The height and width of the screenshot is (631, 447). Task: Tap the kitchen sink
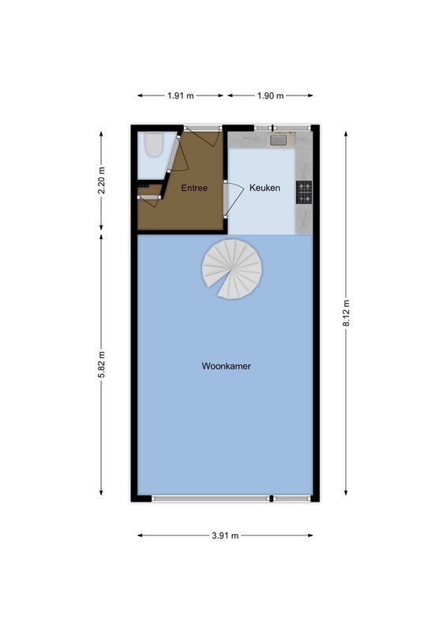pyautogui.click(x=278, y=140)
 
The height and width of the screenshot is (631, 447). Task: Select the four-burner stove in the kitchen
pyautogui.click(x=304, y=192)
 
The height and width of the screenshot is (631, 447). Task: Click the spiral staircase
pyautogui.click(x=231, y=269)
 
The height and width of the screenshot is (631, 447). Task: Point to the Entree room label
pyautogui.click(x=194, y=188)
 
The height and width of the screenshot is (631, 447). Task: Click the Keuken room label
pyautogui.click(x=265, y=188)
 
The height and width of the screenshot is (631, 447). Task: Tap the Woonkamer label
pyautogui.click(x=226, y=366)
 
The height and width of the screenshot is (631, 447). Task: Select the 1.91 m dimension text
pyautogui.click(x=181, y=95)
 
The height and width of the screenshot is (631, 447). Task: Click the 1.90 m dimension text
pyautogui.click(x=270, y=95)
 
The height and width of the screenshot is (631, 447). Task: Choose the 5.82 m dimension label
pyautogui.click(x=101, y=364)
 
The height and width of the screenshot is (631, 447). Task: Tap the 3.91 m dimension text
pyautogui.click(x=225, y=536)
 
